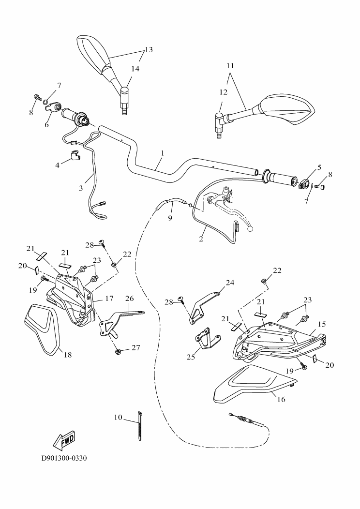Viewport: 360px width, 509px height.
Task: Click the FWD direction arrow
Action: point(63,440)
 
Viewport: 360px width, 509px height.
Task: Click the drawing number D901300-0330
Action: point(64,457)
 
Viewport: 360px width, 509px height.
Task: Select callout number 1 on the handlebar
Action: point(162,153)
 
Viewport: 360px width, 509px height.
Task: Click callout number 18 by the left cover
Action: point(68,355)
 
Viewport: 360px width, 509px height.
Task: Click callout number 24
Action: point(229,283)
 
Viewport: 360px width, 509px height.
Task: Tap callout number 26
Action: point(129,298)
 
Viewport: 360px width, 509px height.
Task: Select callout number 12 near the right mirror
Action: point(224,91)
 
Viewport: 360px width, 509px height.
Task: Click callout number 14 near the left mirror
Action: point(135,69)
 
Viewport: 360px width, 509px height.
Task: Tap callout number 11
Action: point(230,65)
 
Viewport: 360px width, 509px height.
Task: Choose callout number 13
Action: point(148,50)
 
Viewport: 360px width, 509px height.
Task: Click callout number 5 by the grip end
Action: point(319,167)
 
